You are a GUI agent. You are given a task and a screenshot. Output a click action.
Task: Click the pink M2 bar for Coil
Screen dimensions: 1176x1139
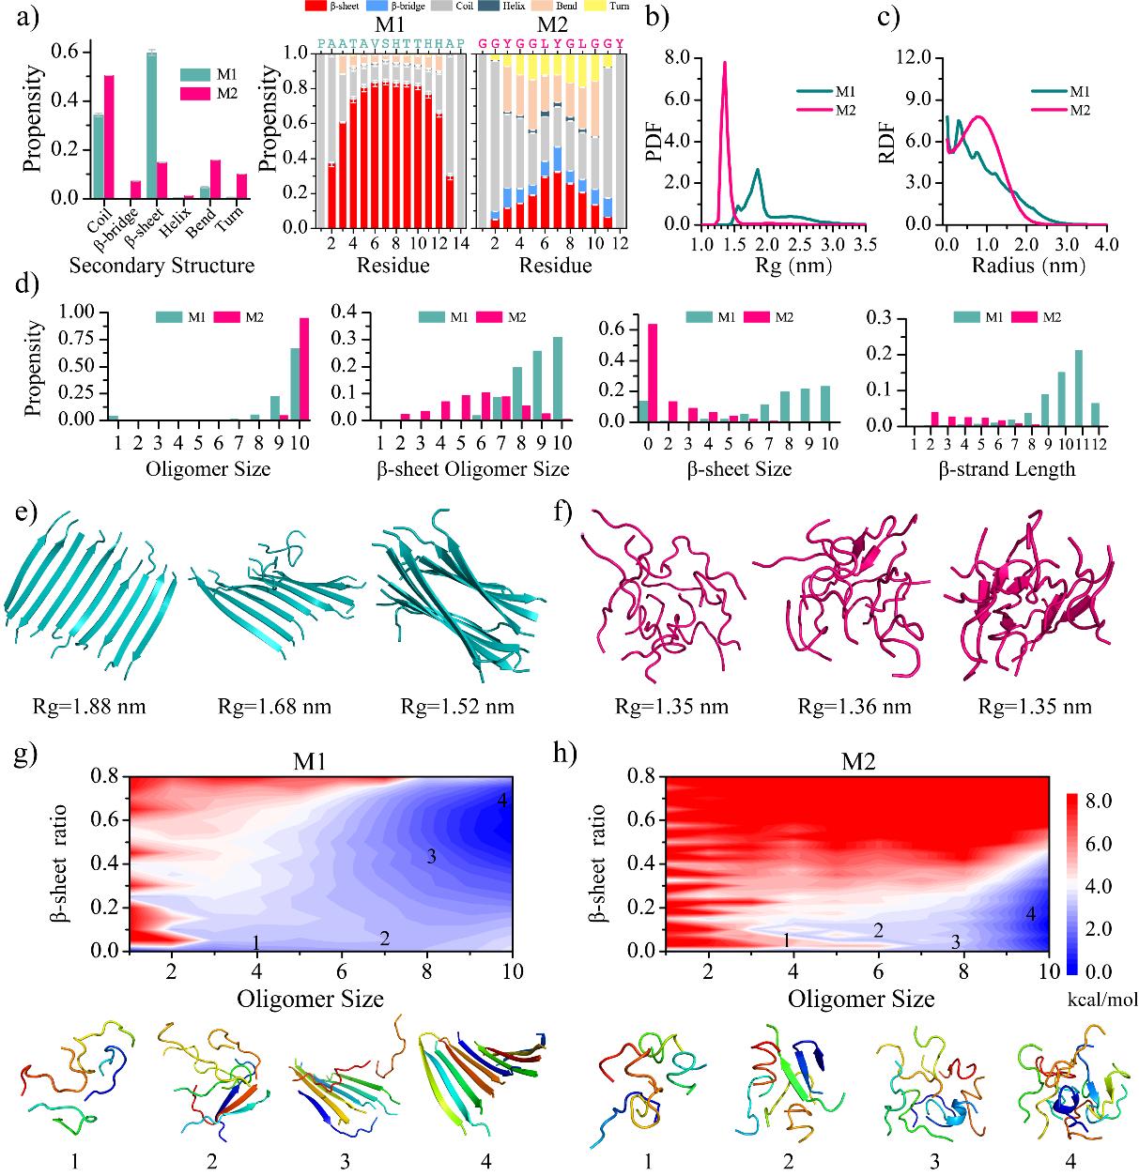click(109, 137)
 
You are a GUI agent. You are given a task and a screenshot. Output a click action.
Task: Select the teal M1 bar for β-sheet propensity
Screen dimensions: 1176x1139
click(151, 126)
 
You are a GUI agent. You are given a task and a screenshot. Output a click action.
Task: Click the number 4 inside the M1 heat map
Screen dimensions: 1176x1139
click(502, 801)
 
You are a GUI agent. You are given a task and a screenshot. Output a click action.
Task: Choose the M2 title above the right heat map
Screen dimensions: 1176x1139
click(854, 763)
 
